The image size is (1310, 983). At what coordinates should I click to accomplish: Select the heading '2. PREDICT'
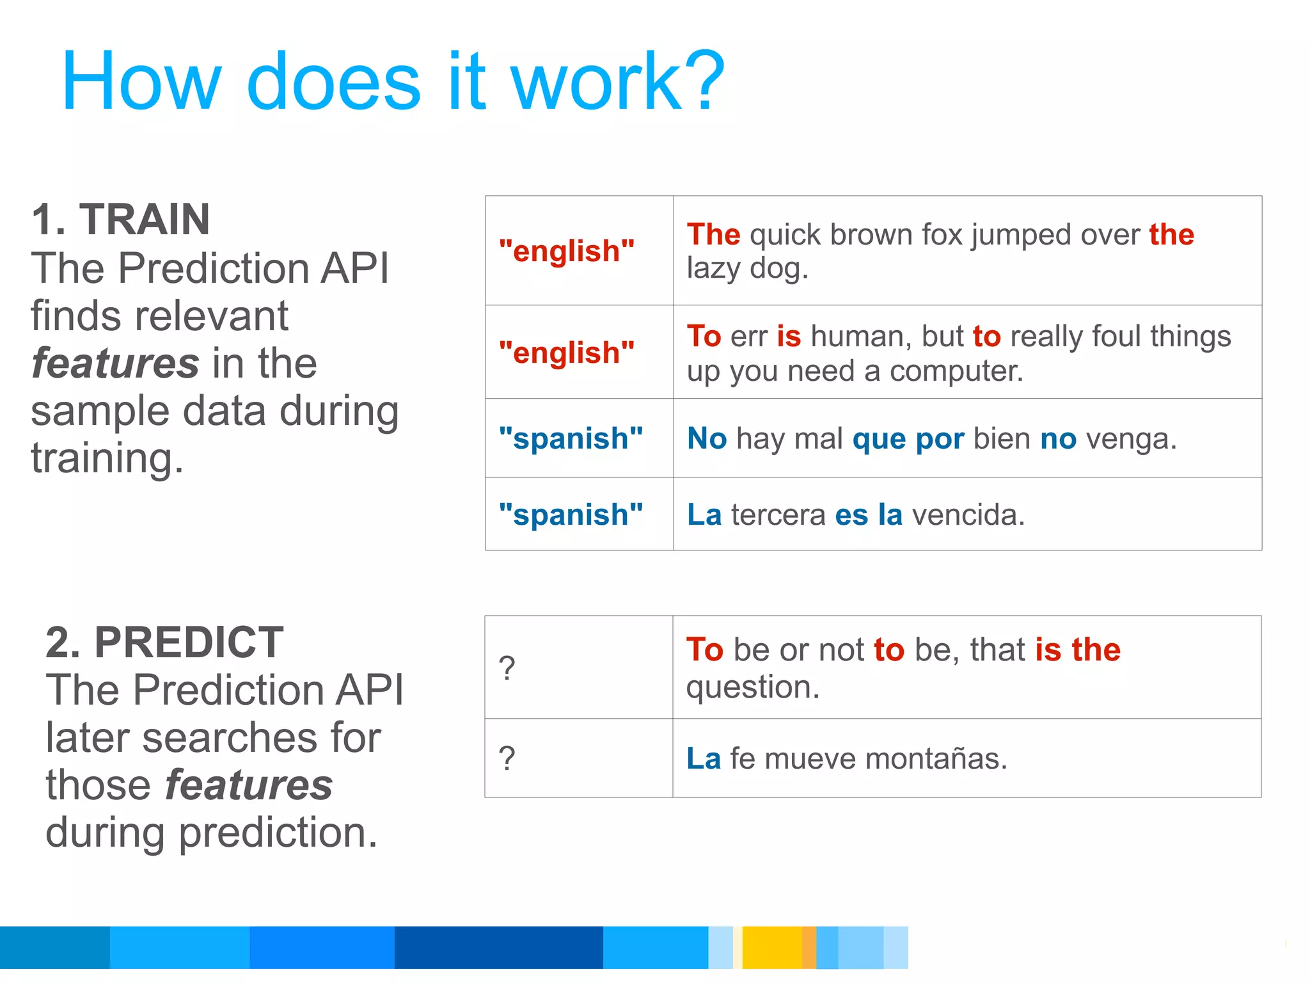tap(164, 642)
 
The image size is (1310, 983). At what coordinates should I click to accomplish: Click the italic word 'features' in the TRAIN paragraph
tap(115, 364)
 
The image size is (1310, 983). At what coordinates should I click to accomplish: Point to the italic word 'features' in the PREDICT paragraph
tap(249, 785)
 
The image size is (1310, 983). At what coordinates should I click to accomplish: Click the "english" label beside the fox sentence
tap(567, 251)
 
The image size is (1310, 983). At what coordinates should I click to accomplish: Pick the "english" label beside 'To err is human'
tap(567, 353)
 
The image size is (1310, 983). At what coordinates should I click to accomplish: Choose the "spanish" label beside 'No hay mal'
tap(571, 438)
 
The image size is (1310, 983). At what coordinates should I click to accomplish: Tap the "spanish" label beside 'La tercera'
tap(571, 515)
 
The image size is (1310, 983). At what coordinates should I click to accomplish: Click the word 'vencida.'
tap(968, 515)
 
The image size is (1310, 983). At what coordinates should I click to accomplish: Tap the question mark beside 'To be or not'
tap(507, 669)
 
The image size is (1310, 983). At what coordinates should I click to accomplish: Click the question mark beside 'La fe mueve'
tap(507, 759)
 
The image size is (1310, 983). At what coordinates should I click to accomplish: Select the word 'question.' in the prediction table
tap(752, 687)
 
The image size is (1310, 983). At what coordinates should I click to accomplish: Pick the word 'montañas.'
tap(936, 759)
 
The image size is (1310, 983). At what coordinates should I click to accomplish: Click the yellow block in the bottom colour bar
tap(771, 947)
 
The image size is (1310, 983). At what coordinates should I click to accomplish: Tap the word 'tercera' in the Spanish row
tap(778, 515)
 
